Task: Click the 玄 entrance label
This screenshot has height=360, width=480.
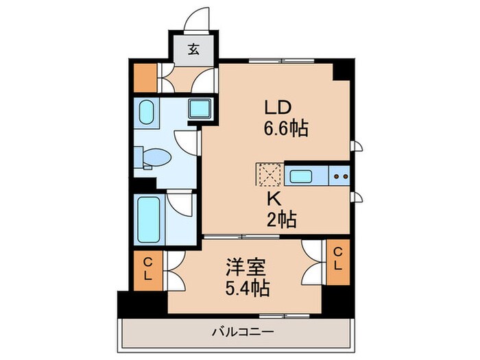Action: pos(195,49)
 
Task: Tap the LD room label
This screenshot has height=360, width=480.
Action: pos(279,107)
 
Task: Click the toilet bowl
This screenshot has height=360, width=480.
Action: pos(158,158)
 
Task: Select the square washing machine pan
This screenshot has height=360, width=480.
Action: pos(200,108)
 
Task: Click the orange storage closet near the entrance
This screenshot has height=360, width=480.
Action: pos(145,78)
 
